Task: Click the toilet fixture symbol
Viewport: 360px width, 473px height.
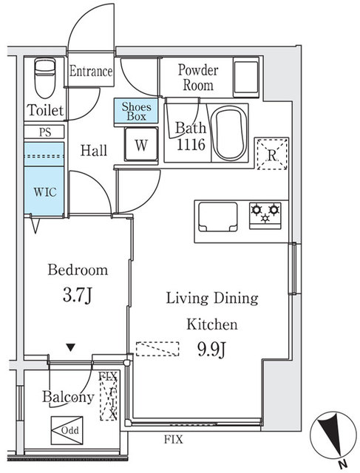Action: point(45,75)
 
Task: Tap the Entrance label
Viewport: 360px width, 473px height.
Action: point(91,72)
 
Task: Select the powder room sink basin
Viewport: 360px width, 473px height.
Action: point(245,75)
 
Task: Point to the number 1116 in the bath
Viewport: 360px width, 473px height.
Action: point(191,146)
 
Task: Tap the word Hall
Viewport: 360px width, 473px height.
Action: point(93,151)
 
